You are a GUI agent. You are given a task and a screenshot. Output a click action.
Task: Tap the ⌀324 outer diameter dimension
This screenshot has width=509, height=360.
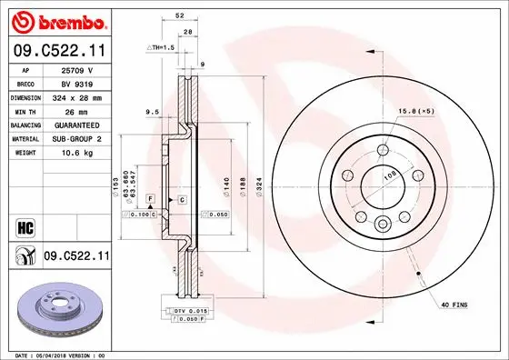coord(261,185)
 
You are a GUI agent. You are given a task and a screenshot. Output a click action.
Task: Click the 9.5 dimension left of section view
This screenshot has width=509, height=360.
coord(152,112)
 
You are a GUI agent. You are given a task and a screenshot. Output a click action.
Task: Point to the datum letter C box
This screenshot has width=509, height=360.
coord(182,198)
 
